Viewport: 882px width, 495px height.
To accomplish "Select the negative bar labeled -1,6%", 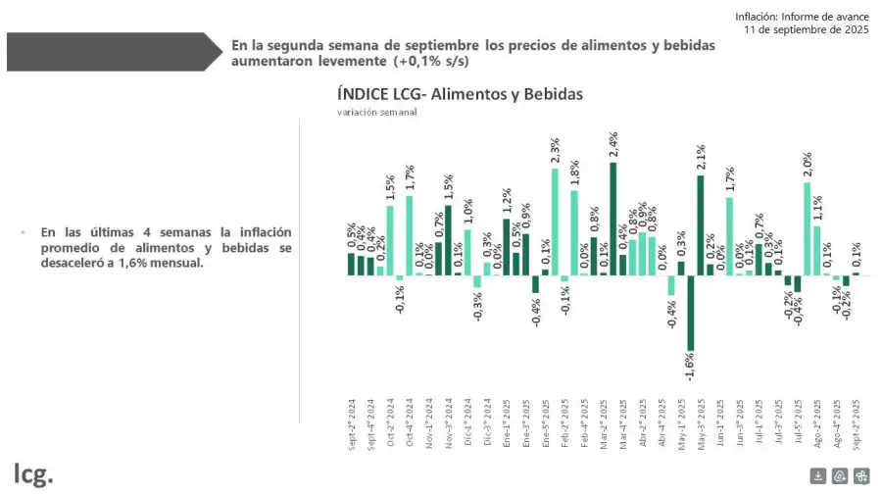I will click(x=691, y=313).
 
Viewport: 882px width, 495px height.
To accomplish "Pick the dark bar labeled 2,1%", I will click(x=701, y=224).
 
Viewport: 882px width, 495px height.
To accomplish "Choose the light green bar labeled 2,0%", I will click(x=808, y=228).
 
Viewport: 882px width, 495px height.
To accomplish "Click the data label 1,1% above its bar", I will click(x=817, y=209).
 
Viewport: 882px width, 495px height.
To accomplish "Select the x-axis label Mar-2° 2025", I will click(x=604, y=423).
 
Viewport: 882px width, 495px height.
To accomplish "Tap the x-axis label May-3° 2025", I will click(x=701, y=423).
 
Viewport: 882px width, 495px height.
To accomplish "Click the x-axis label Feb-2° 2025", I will click(x=565, y=423).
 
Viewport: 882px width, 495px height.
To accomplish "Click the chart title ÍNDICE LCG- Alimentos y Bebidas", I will click(x=460, y=94).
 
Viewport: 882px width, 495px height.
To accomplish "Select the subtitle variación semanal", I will click(x=377, y=113).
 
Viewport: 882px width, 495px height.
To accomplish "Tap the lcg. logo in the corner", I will click(x=33, y=473).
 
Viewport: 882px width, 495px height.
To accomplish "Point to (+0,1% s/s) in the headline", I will click(x=432, y=61).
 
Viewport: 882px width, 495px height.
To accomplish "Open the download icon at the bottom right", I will click(x=818, y=476).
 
